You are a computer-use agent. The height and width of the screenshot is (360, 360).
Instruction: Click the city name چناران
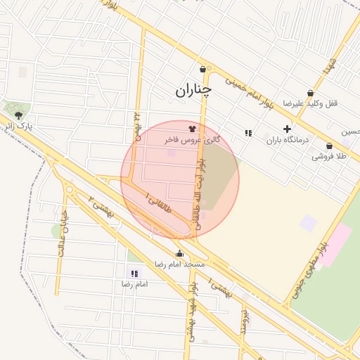click(x=194, y=90)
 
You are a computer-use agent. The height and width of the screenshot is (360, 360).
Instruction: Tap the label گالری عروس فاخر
click(x=193, y=141)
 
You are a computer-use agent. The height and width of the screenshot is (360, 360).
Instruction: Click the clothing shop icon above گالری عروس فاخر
click(x=192, y=129)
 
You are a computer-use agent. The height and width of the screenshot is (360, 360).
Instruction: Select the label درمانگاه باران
click(x=287, y=140)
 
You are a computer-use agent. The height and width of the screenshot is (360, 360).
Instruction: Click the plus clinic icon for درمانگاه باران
click(x=287, y=129)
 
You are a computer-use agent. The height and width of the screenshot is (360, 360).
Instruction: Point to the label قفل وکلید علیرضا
click(x=310, y=103)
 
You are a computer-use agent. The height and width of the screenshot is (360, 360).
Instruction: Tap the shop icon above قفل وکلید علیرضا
click(x=310, y=93)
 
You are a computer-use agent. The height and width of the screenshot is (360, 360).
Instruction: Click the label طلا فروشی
click(x=329, y=157)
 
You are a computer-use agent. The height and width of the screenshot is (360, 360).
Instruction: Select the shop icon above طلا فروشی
click(x=329, y=146)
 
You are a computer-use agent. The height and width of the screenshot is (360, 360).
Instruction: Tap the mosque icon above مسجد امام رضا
click(x=179, y=254)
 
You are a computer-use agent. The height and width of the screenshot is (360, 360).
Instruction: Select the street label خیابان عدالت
click(x=62, y=232)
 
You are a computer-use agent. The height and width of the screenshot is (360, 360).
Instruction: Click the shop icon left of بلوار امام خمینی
click(x=203, y=69)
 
